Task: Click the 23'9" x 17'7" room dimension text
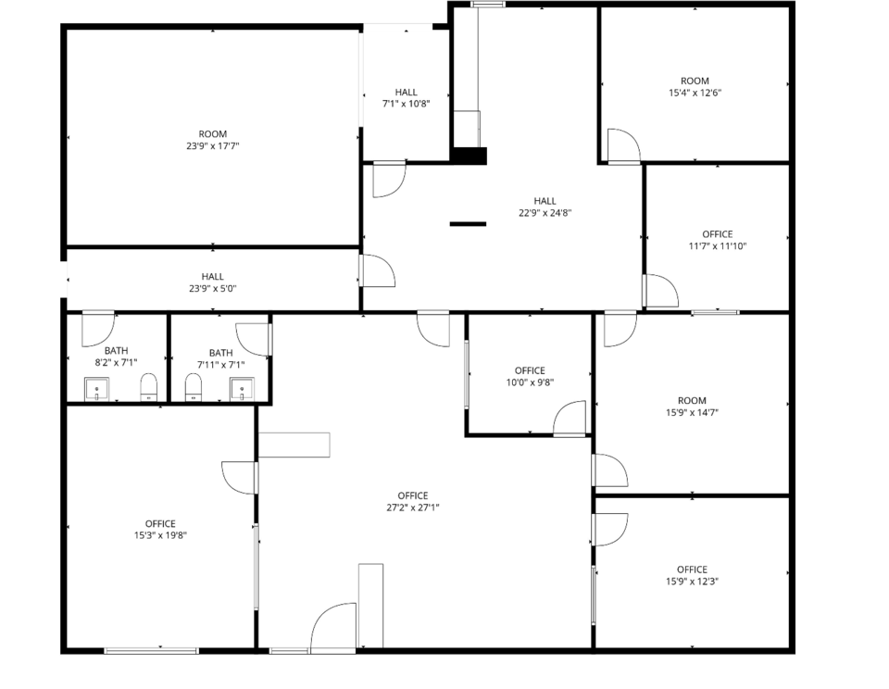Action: click(213, 146)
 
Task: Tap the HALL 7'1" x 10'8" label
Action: click(406, 97)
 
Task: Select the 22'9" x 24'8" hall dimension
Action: click(545, 213)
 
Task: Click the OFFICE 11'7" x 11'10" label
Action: click(717, 240)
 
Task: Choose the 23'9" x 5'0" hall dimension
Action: click(213, 289)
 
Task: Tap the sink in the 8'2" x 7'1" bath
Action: click(96, 389)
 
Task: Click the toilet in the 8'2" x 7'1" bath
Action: click(148, 387)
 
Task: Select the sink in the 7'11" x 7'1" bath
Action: click(242, 389)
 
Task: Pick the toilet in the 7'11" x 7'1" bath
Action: click(194, 387)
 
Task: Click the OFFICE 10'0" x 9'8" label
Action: click(530, 377)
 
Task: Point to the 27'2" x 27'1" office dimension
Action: click(413, 508)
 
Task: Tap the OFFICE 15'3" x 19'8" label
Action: click(160, 529)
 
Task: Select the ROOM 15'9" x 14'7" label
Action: click(693, 407)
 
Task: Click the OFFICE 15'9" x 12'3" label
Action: click(693, 575)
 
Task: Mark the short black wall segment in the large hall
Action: click(468, 224)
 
